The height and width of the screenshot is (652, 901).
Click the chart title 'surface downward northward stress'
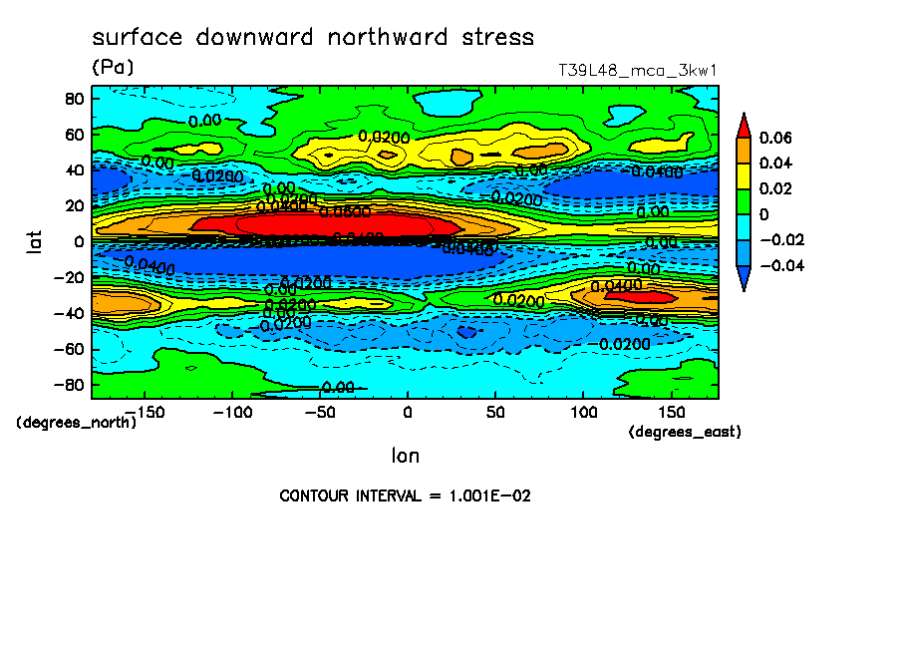[x=313, y=38]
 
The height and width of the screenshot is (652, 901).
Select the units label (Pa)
[x=112, y=68]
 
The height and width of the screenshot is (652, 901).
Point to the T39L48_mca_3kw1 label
[x=639, y=71]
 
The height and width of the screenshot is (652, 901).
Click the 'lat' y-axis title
[x=34, y=240]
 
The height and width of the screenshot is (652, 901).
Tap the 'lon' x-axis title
[x=405, y=456]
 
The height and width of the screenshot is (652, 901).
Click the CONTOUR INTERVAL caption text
[x=404, y=495]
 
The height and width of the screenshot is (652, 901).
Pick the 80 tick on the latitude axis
[x=73, y=98]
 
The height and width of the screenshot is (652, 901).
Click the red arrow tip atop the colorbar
[x=743, y=124]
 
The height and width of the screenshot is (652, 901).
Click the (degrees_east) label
[x=685, y=432]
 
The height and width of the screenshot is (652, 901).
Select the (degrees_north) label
[x=76, y=422]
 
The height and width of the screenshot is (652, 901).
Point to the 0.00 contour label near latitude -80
[x=338, y=387]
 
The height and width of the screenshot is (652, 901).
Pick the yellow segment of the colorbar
[x=743, y=175]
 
